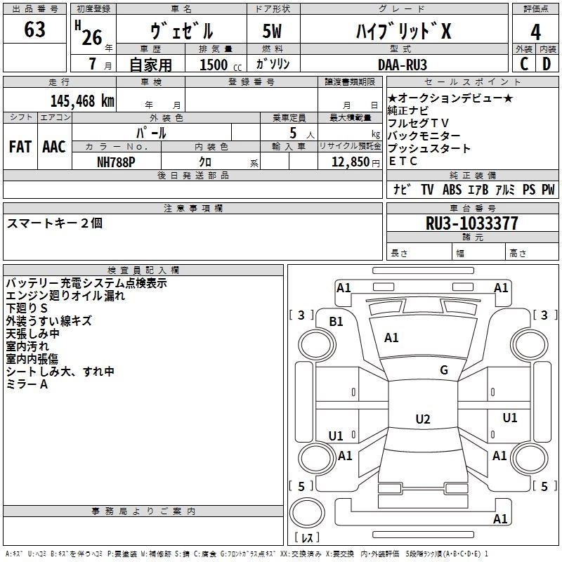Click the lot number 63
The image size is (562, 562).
(x=34, y=30)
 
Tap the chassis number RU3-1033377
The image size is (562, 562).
(x=472, y=224)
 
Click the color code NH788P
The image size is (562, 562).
(x=116, y=161)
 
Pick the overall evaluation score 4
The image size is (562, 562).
(x=536, y=32)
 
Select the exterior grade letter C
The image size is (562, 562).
(x=524, y=64)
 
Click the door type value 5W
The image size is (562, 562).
(x=272, y=32)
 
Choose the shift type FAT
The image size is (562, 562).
(x=20, y=147)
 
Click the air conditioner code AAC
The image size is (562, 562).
(x=53, y=147)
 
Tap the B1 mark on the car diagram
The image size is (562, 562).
(x=336, y=321)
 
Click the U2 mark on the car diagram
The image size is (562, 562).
(x=422, y=419)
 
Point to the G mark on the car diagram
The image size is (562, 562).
(x=444, y=370)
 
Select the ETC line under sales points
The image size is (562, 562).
(x=403, y=161)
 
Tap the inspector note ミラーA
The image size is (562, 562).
(x=27, y=384)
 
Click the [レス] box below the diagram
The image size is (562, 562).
(x=306, y=539)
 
